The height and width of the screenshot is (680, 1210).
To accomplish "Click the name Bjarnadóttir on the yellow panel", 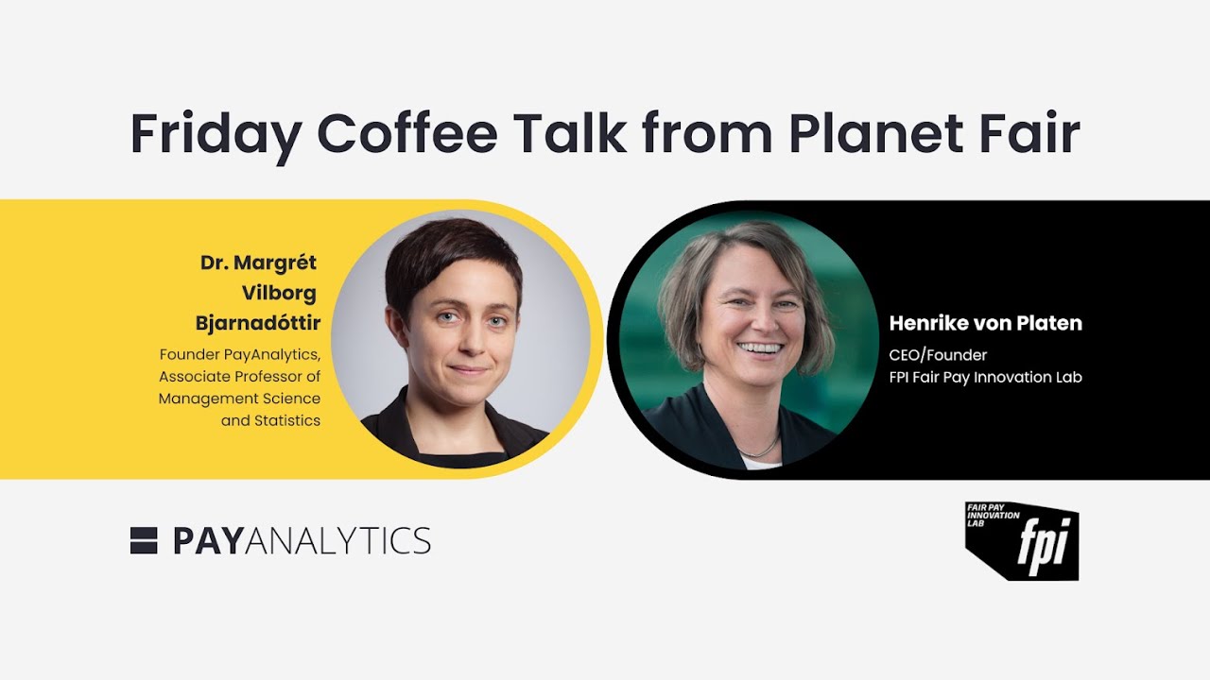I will click(258, 324).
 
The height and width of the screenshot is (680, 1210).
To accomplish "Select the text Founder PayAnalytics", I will click(240, 355).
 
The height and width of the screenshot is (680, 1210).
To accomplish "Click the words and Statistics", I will click(270, 420).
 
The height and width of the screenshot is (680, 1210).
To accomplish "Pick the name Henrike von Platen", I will click(985, 324).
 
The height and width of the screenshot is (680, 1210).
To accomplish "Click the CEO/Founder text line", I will click(938, 355).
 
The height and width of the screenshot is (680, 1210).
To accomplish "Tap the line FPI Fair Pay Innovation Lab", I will click(985, 377).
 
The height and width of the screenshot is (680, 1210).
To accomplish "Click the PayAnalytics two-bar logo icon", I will click(144, 540).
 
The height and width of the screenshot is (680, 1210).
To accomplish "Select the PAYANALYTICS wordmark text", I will click(302, 541).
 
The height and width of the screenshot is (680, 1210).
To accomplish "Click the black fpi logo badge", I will click(1022, 541).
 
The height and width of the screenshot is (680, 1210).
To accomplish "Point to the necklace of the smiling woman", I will click(761, 450).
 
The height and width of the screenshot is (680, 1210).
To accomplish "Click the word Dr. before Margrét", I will click(215, 262).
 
